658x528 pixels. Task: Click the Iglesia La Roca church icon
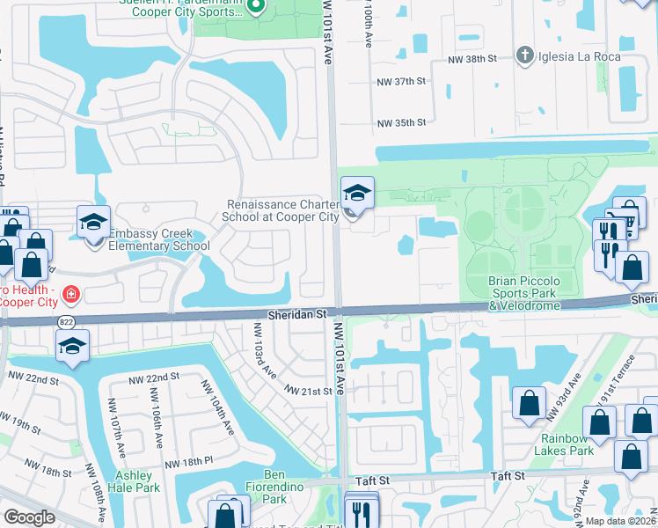[525, 55]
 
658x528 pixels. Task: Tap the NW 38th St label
[472, 57]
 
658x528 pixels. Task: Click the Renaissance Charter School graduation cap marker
[357, 194]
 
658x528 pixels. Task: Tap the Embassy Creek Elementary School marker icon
[93, 223]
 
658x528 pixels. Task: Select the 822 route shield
[67, 323]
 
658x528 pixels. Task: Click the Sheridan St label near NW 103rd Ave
[298, 313]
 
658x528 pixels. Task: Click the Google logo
[30, 517]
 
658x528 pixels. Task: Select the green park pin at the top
[256, 8]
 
